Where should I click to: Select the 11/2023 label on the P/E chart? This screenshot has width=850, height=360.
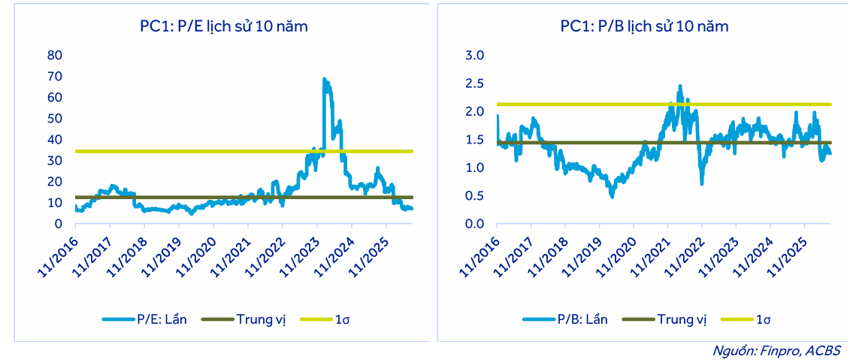click(x=300, y=256)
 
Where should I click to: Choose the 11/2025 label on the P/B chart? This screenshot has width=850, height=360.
click(x=788, y=256)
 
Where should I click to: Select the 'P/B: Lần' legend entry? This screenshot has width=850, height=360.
click(x=565, y=319)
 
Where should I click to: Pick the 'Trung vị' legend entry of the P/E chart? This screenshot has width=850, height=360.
click(x=244, y=319)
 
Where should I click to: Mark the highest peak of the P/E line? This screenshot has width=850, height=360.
click(x=324, y=79)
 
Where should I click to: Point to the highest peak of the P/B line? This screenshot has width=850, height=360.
click(x=680, y=86)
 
